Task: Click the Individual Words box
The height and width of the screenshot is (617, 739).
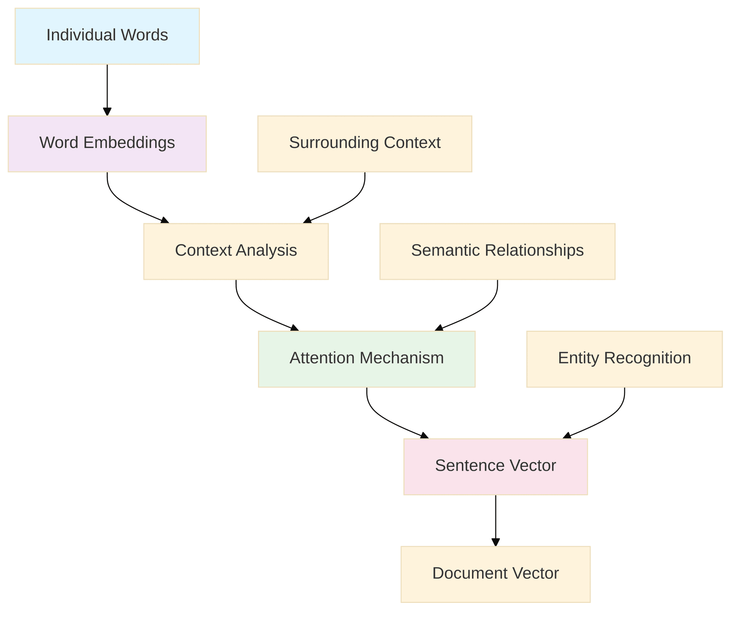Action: (x=107, y=36)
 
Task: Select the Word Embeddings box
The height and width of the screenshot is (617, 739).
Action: (x=107, y=144)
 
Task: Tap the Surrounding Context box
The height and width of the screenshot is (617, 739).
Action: (x=364, y=144)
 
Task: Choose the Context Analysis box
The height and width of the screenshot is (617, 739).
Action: (x=236, y=251)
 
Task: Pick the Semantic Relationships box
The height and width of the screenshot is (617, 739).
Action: (x=497, y=251)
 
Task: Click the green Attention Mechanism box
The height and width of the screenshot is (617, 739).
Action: (x=367, y=359)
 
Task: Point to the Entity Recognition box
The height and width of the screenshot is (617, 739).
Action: (x=624, y=359)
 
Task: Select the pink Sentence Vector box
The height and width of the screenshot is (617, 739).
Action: (x=495, y=466)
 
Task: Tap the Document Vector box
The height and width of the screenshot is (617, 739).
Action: (x=495, y=574)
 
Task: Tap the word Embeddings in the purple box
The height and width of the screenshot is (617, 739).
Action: (x=129, y=143)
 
